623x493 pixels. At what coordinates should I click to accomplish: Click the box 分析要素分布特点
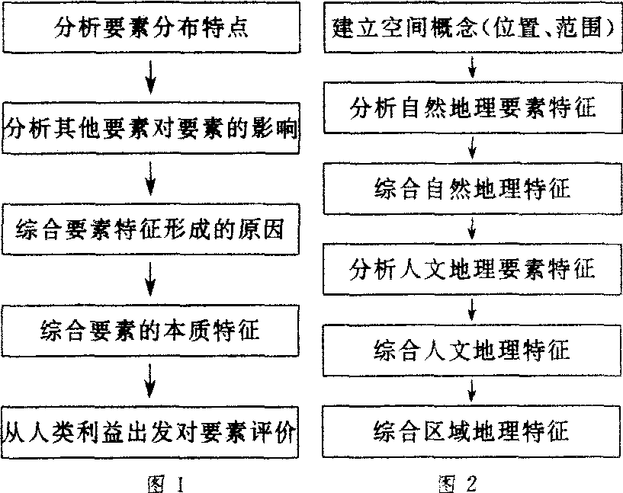point(153,29)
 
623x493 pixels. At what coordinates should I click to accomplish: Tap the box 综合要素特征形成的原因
point(153,229)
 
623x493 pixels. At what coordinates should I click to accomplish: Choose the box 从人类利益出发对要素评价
point(153,432)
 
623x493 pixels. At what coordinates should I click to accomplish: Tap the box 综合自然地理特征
point(473,187)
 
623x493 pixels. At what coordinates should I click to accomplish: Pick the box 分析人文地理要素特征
point(473,268)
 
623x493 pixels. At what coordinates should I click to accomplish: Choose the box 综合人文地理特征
point(473,350)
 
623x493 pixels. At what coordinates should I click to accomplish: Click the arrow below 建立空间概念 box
point(474,68)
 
